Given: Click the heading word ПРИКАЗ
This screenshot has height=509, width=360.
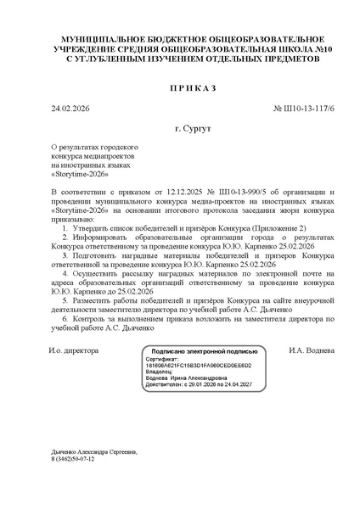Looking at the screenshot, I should [x=180, y=88].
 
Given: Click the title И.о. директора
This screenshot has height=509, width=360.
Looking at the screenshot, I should [x=74, y=350].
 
